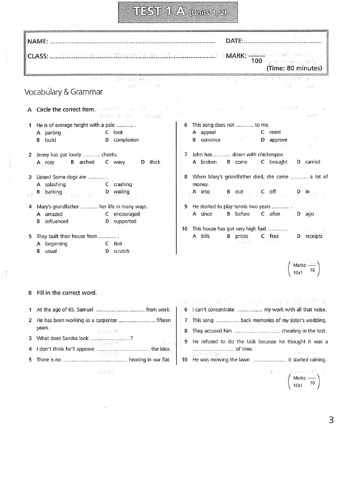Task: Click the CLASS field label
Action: (x=38, y=56)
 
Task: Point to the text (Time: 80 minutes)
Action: (x=294, y=68)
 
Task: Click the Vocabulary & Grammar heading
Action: (x=63, y=92)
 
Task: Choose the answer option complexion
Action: (x=126, y=140)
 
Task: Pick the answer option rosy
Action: (x=50, y=162)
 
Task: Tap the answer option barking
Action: (x=53, y=192)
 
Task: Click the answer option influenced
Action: (x=56, y=221)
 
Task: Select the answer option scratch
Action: (x=121, y=251)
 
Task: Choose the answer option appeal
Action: (x=208, y=132)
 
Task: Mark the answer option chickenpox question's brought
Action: (x=278, y=162)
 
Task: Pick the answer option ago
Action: (x=310, y=214)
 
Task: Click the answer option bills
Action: (x=205, y=236)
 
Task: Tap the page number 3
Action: (x=331, y=420)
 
